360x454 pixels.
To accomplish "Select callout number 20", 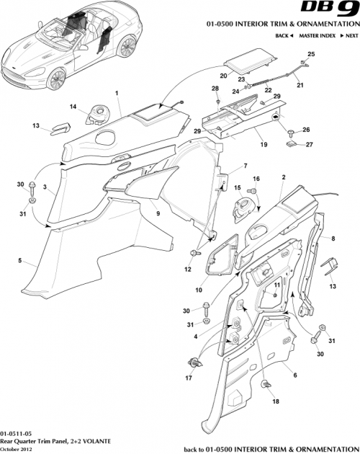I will pos(223,75).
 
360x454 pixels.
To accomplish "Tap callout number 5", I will pos(19,261).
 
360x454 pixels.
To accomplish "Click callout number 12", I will pos(188,270).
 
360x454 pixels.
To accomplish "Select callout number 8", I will pos(333,237).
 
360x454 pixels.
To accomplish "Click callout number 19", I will pos(263,144).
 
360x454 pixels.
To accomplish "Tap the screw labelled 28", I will pos(215,99).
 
